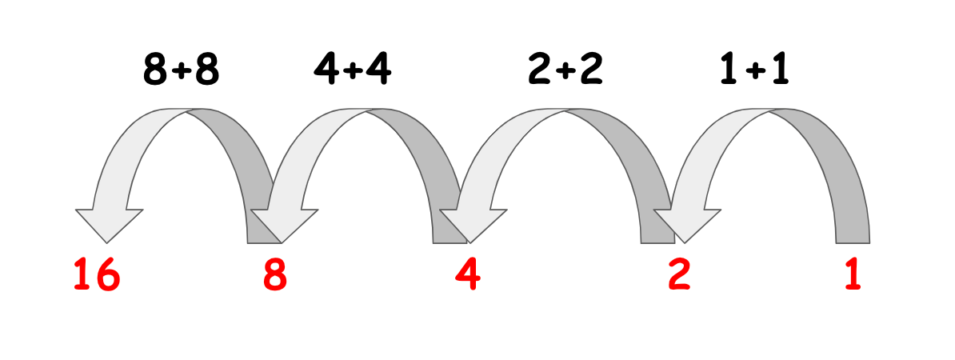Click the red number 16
click(x=97, y=276)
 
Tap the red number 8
click(x=274, y=276)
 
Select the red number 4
click(x=468, y=276)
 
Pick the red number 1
click(x=852, y=276)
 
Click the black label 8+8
click(x=181, y=71)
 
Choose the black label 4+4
click(x=353, y=71)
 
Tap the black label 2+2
click(x=565, y=71)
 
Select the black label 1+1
click(x=754, y=71)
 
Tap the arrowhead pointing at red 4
click(x=472, y=223)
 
